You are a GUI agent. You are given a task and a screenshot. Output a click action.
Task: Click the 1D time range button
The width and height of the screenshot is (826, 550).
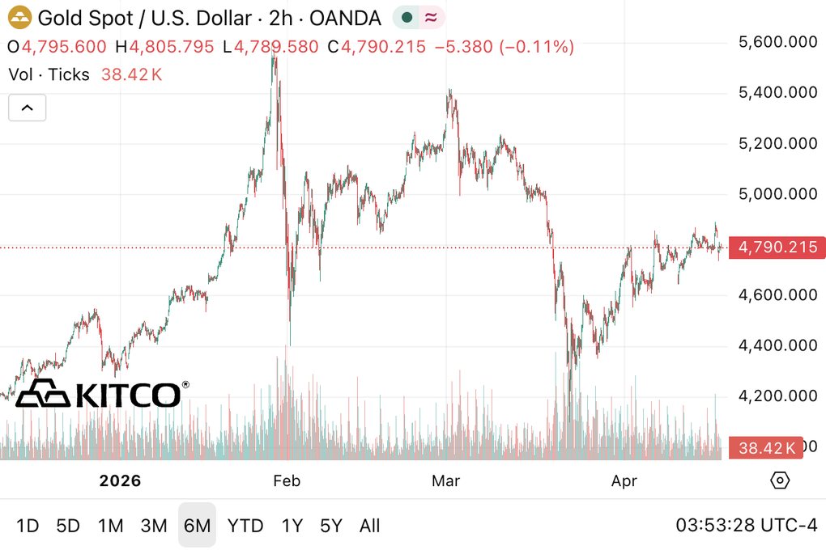tap(28, 526)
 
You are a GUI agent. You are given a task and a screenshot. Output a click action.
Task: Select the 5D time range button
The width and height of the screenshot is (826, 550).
tap(68, 526)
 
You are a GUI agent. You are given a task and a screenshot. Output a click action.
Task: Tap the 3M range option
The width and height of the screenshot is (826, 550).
tap(154, 526)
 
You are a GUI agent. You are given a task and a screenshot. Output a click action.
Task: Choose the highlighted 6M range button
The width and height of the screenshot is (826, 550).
tap(197, 526)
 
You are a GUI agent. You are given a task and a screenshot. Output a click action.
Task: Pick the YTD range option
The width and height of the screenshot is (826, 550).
tap(245, 526)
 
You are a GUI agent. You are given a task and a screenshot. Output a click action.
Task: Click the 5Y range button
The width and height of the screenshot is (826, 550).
tap(330, 526)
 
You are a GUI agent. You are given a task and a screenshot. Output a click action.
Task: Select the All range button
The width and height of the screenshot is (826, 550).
tap(369, 526)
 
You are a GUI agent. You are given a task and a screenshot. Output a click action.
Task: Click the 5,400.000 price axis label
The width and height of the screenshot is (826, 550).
tap(777, 93)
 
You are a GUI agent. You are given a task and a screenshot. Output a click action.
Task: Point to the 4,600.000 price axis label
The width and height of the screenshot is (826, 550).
tap(777, 295)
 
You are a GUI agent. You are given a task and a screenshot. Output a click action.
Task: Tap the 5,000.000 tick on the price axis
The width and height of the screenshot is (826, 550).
tap(777, 194)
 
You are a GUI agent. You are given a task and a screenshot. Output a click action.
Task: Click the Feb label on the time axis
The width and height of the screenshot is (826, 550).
tap(287, 481)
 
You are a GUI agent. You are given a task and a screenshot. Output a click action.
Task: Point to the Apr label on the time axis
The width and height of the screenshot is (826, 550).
tap(624, 481)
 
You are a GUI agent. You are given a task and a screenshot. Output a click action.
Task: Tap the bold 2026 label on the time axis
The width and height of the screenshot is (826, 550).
tap(120, 481)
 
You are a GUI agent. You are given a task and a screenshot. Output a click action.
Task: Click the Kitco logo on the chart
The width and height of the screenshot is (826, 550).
tap(102, 394)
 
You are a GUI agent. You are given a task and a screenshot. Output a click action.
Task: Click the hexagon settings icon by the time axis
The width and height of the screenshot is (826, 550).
tap(779, 481)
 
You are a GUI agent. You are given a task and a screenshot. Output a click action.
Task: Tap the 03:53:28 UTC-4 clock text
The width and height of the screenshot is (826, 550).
tap(746, 526)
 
